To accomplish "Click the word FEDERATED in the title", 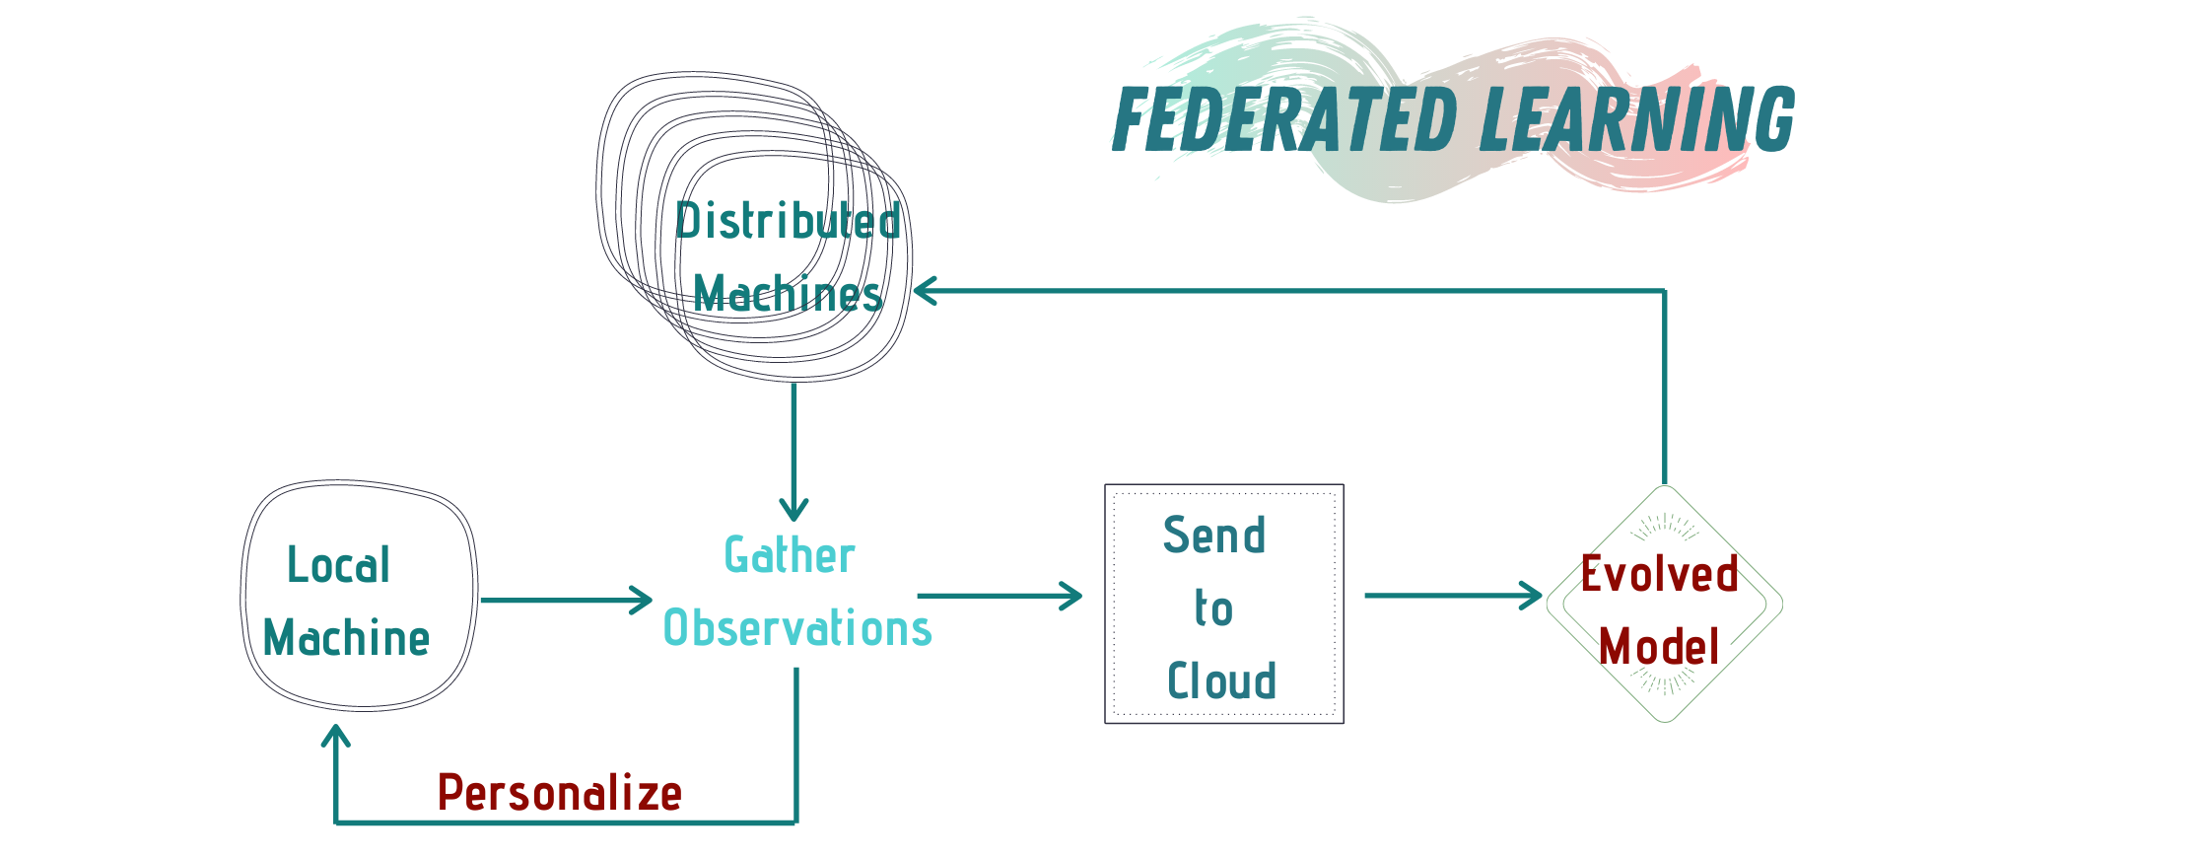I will click(x=1284, y=119).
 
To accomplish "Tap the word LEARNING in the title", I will click(x=1637, y=119).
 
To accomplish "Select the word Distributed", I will click(x=788, y=221).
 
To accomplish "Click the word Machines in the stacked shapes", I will click(x=788, y=294).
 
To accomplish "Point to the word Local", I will click(x=339, y=565).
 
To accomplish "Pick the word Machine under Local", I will click(x=347, y=638).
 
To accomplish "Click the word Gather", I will click(x=790, y=555).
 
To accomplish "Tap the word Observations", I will click(x=797, y=628).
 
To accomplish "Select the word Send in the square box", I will click(x=1214, y=536).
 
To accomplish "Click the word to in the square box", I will click(x=1214, y=608).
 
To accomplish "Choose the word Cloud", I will click(x=1222, y=681).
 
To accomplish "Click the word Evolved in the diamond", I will click(x=1660, y=574).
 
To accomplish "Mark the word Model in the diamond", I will click(x=1660, y=647).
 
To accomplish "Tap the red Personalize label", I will click(x=560, y=793).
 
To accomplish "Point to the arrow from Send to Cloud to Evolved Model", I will click(x=1452, y=596).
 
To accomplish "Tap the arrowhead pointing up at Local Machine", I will click(x=336, y=736).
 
